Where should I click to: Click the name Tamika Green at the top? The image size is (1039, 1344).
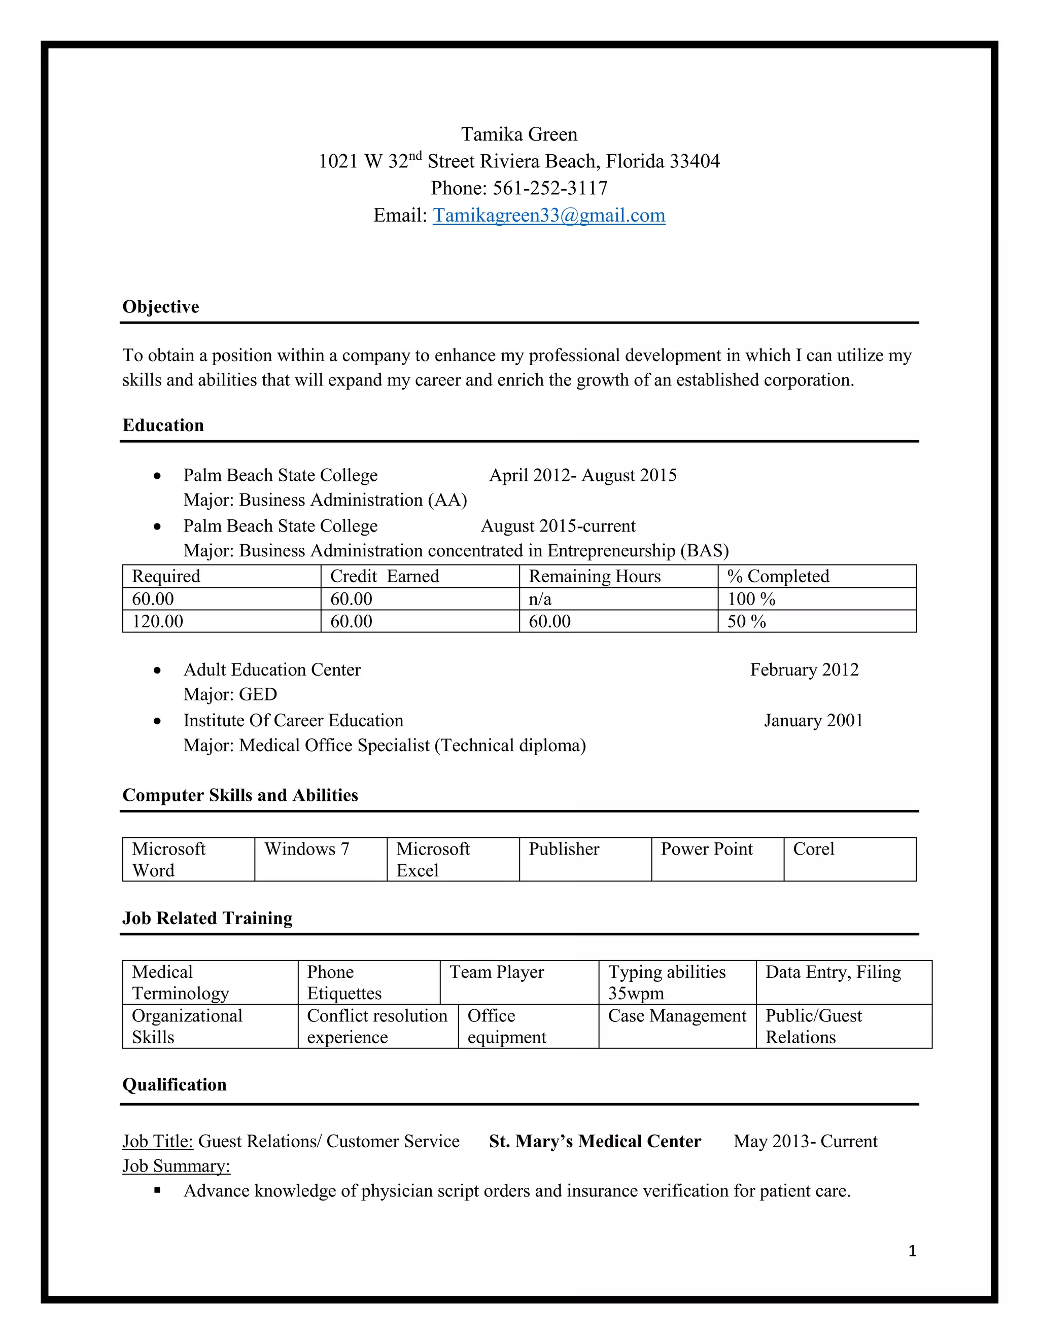click(x=519, y=134)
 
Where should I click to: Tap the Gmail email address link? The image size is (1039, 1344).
click(x=548, y=216)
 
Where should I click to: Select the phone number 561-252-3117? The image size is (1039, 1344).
click(x=549, y=188)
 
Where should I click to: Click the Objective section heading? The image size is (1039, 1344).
click(x=161, y=306)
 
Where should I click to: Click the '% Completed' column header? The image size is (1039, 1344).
click(x=778, y=576)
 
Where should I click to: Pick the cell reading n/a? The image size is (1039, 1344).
click(x=540, y=599)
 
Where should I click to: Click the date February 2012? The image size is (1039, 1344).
click(x=804, y=669)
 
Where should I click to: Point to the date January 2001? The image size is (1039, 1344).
click(x=813, y=721)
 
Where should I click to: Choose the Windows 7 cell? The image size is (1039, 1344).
click(x=306, y=849)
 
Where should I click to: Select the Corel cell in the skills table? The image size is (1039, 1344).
click(x=813, y=849)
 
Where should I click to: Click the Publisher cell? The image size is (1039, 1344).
click(x=563, y=849)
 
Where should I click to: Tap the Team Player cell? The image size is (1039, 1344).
click(x=496, y=972)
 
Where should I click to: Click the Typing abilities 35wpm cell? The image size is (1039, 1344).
click(x=667, y=982)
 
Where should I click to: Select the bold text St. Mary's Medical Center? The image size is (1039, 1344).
click(x=595, y=1142)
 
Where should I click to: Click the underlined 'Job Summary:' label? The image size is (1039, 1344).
click(x=176, y=1166)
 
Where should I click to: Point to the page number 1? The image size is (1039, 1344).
click(x=912, y=1251)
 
